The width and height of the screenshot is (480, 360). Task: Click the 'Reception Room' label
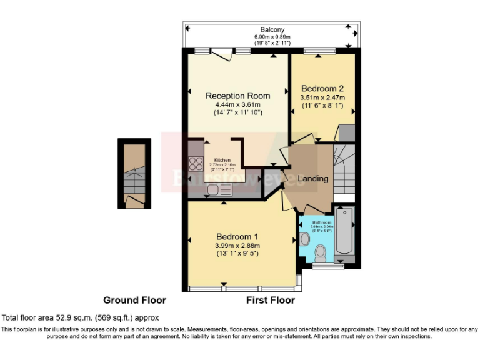238,96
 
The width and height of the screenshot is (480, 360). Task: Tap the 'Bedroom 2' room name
322,88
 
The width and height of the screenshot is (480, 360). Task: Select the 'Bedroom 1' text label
237,236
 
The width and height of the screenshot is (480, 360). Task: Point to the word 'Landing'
312,178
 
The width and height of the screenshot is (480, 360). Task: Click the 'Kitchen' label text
222,161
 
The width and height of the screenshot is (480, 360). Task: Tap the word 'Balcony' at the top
272,29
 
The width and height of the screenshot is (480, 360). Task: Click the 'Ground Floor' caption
134,300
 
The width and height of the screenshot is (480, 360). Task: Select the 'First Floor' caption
270,300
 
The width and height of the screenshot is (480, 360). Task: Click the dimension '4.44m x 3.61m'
238,104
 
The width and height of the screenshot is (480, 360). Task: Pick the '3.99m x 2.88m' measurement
237,246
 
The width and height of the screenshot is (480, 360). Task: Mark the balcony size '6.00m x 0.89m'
272,37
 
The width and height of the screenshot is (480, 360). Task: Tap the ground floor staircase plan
134,174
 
